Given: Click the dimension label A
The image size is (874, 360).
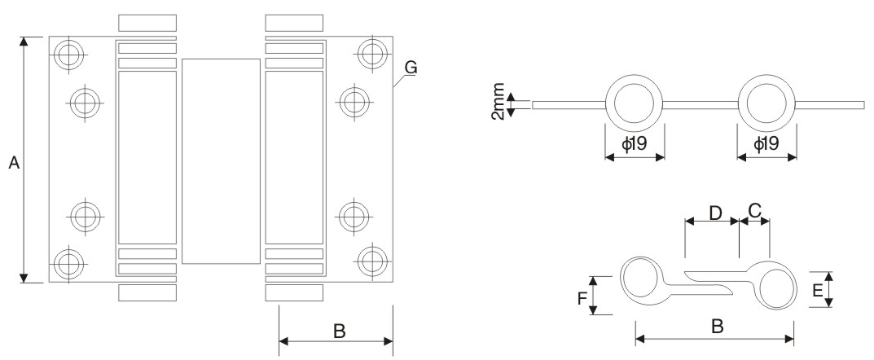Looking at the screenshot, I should pos(13,164).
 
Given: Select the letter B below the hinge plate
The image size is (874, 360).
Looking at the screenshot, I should pos(339,331).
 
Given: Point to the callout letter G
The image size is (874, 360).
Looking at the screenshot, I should pos(411,68).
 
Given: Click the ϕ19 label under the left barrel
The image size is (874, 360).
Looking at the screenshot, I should pos(635,145).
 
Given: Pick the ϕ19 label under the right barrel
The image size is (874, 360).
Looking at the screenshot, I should pos(767,145).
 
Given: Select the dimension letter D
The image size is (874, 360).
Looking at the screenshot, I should pos(715,213).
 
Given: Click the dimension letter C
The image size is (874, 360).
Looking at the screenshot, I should pos(755,211).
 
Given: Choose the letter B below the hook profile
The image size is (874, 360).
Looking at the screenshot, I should pos(717,327).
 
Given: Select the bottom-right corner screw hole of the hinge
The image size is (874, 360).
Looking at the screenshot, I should pos(373,261).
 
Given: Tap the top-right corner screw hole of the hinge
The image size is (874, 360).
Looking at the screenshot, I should pos(373,55).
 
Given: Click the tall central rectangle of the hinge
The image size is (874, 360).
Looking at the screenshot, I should pos(221,160).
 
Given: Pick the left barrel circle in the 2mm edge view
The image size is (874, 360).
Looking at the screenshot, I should pos(635,105).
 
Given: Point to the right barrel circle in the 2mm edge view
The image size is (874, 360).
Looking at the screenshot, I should pos(767,105).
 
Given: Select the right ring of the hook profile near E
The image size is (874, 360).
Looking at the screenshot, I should pos(775,286).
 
